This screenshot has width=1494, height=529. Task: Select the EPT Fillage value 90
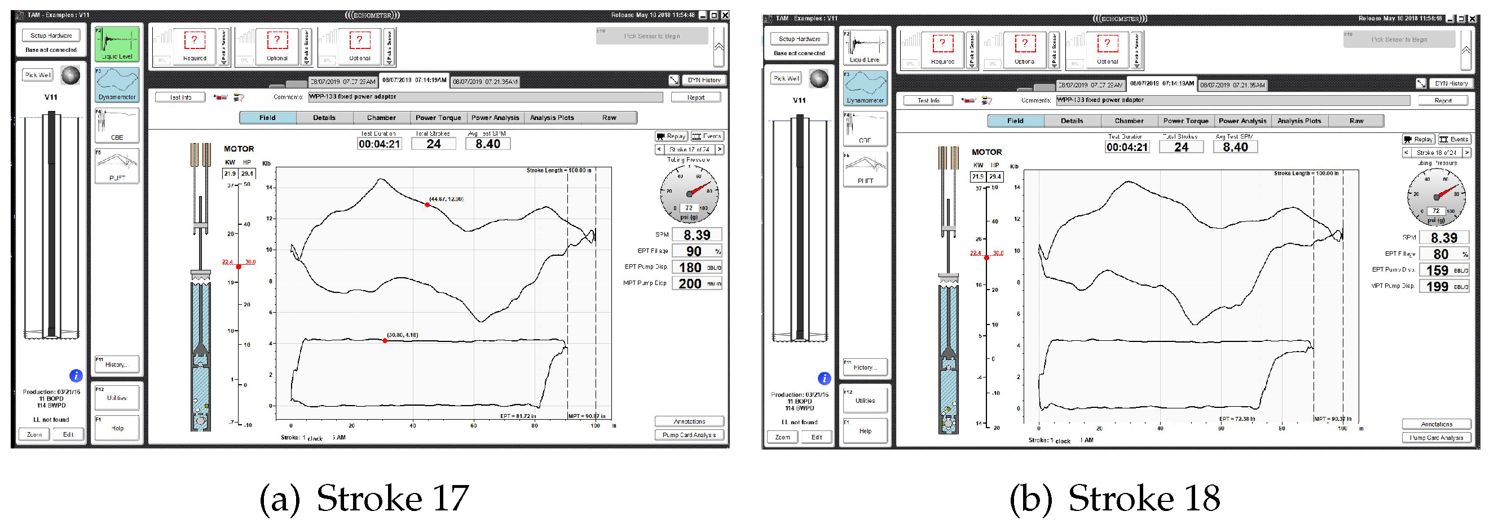(x=694, y=251)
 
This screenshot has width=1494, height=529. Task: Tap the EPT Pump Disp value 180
(x=690, y=268)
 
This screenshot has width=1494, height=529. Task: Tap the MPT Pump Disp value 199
(x=1437, y=287)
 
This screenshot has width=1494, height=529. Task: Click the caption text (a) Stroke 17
(x=364, y=498)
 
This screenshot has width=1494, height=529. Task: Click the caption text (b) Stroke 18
(x=1114, y=498)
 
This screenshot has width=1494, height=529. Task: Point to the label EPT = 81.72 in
(x=518, y=416)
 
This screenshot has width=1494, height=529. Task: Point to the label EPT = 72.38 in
(x=1237, y=419)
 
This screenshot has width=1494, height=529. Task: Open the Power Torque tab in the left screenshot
(x=438, y=118)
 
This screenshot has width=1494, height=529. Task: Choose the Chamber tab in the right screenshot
(x=1129, y=121)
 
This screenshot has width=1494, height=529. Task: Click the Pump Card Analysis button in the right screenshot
(x=1436, y=438)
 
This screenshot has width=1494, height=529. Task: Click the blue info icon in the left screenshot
(x=76, y=375)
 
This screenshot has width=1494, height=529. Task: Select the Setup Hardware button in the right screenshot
(x=799, y=39)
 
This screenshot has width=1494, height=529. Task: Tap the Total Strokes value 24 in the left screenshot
(x=433, y=144)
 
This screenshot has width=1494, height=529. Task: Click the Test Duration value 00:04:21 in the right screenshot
(x=1127, y=147)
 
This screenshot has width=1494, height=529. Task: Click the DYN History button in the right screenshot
(x=1451, y=83)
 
